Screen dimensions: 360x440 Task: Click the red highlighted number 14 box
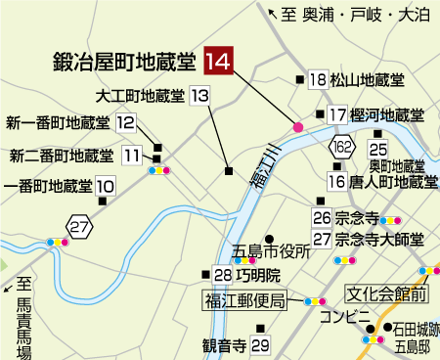tap(218, 62)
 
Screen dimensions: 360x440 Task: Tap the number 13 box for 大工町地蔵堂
tap(199, 96)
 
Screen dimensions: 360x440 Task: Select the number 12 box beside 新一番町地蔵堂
tap(125, 123)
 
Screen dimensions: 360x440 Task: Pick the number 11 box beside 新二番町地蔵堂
tap(132, 155)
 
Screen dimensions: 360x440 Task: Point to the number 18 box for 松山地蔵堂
tap(317, 80)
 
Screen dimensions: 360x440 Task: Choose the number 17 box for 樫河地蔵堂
tap(337, 114)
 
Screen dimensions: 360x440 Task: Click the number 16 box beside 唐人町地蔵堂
tap(336, 181)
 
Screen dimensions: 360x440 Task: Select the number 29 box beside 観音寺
tap(259, 344)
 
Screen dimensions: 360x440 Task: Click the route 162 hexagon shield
tap(341, 148)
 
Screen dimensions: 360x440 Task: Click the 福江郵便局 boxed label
tap(244, 300)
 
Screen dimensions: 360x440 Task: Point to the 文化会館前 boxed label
tap(388, 292)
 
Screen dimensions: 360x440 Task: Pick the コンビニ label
tap(350, 314)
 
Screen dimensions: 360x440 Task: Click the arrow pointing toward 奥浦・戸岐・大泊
tap(274, 13)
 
